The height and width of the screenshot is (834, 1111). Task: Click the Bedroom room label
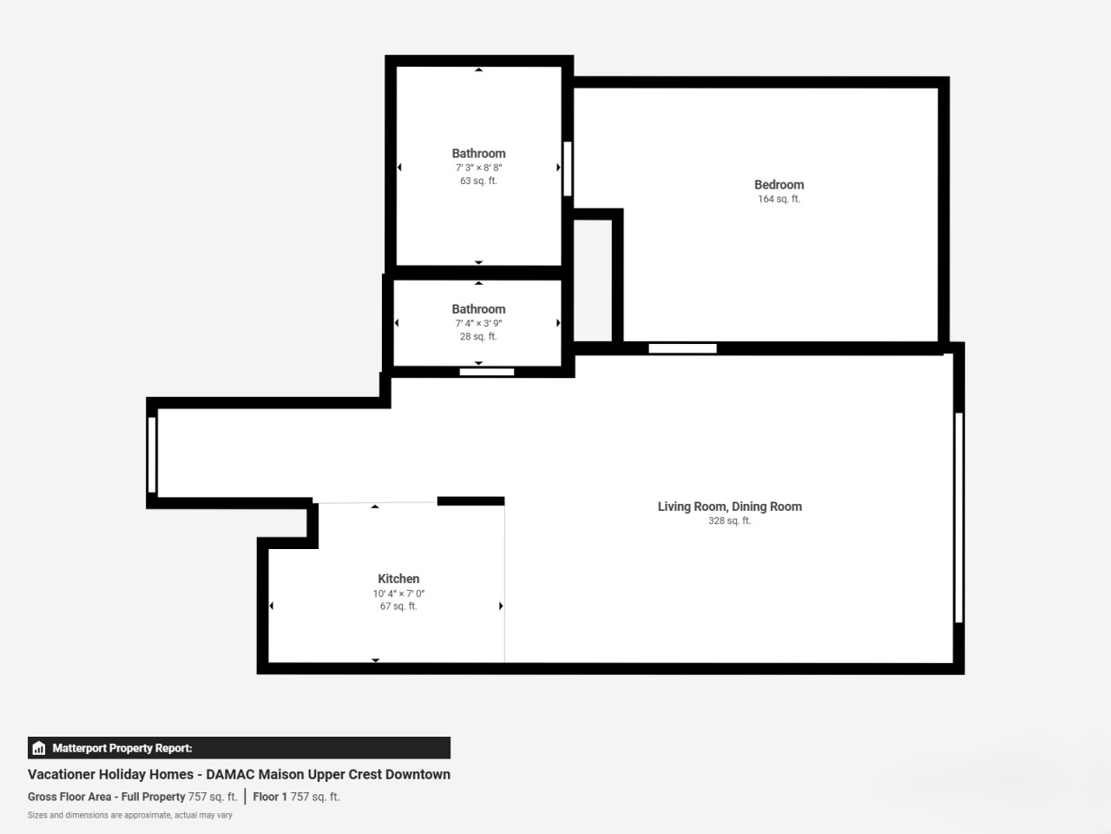point(779,185)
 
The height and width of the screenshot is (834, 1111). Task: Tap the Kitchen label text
point(398,579)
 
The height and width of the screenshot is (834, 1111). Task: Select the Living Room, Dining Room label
point(729,506)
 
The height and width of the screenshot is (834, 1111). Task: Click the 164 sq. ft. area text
point(779,199)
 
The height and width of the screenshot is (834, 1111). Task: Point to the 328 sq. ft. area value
point(729,520)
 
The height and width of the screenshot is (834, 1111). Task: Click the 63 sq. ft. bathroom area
point(478,181)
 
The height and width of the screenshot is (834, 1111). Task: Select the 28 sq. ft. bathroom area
point(478,336)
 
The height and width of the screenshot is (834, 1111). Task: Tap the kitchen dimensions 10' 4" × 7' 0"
point(398,593)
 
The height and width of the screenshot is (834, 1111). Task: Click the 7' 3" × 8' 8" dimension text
point(478,168)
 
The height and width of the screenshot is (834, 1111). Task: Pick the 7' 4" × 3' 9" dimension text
point(478,323)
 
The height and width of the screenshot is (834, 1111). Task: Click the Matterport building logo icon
point(39,748)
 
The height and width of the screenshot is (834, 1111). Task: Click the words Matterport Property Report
point(122,748)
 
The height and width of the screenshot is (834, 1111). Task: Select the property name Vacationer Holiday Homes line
point(239,774)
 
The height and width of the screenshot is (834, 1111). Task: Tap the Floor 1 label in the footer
point(270,797)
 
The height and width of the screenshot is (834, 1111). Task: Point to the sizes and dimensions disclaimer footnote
point(130,815)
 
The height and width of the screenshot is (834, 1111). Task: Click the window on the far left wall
point(152,454)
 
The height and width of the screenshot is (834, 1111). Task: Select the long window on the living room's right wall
point(958,518)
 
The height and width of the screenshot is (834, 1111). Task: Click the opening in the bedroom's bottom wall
point(682,348)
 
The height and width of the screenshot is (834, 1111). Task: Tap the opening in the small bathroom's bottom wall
point(486,372)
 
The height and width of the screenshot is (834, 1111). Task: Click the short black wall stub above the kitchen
point(470,500)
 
